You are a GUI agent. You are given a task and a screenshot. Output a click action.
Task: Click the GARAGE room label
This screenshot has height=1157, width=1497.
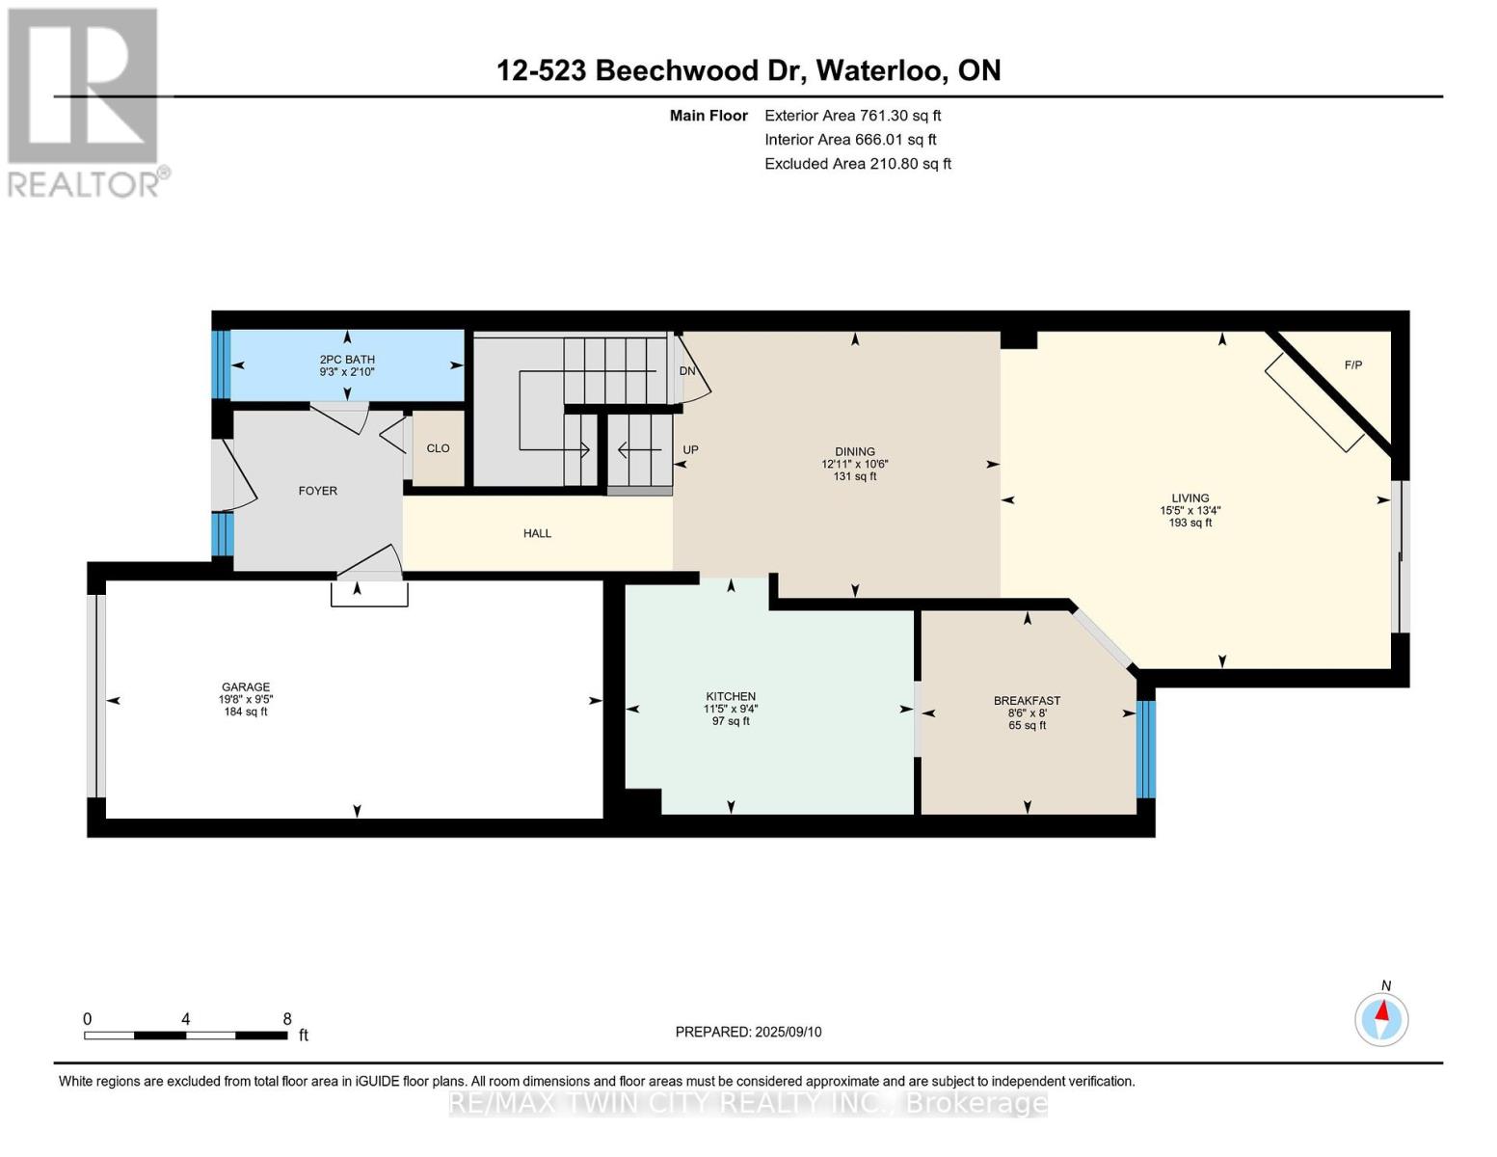pyautogui.click(x=246, y=686)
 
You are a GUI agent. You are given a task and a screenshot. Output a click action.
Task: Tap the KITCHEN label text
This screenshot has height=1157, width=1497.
pyautogui.click(x=731, y=696)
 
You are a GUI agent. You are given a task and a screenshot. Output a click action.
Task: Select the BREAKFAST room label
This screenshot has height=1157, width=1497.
pyautogui.click(x=1028, y=700)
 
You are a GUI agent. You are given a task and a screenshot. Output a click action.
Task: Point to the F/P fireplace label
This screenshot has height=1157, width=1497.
pyautogui.click(x=1353, y=365)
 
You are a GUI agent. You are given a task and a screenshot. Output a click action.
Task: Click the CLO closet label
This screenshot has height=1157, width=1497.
pyautogui.click(x=439, y=448)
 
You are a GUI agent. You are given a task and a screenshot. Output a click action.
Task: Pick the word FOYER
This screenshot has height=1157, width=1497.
pyautogui.click(x=317, y=491)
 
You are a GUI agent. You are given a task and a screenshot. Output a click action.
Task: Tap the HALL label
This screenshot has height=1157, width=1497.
pyautogui.click(x=537, y=533)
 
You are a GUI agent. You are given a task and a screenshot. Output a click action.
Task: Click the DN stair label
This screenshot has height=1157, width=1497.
pyautogui.click(x=687, y=371)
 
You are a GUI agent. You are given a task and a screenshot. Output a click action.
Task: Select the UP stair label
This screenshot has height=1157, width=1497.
pyautogui.click(x=690, y=450)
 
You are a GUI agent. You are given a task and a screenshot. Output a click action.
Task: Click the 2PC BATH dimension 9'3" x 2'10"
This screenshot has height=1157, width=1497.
pyautogui.click(x=347, y=372)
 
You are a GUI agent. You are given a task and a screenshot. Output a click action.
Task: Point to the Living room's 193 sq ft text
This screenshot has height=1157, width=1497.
pyautogui.click(x=1190, y=523)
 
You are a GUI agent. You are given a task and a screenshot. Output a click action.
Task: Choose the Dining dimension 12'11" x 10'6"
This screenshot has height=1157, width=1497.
pyautogui.click(x=855, y=465)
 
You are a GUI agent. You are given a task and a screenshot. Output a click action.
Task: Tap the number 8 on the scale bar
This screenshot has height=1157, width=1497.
pyautogui.click(x=287, y=1018)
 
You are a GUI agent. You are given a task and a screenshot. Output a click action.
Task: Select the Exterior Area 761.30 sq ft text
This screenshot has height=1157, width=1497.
pyautogui.click(x=853, y=116)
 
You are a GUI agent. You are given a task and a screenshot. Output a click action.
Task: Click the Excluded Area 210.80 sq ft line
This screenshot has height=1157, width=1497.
pyautogui.click(x=858, y=164)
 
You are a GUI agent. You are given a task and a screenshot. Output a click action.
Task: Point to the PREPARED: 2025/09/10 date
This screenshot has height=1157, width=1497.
pyautogui.click(x=748, y=1032)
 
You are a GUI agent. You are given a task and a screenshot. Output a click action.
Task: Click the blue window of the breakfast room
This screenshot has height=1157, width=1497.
pyautogui.click(x=1146, y=749)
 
